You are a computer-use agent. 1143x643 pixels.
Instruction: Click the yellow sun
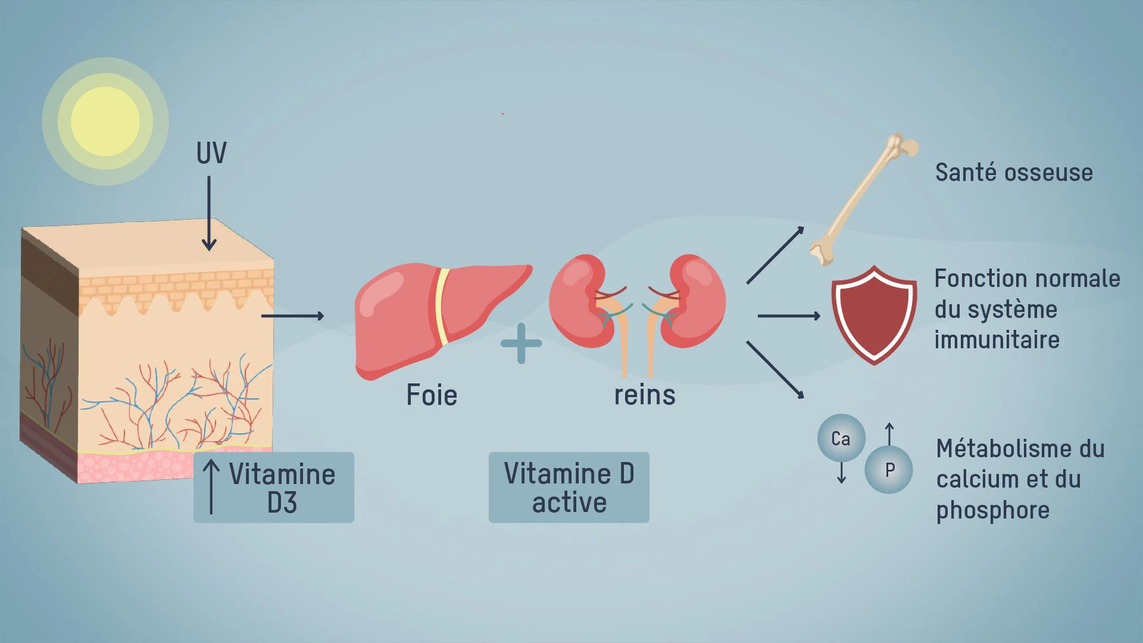pyautogui.click(x=105, y=121)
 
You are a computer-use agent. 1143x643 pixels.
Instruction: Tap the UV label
pyautogui.click(x=211, y=153)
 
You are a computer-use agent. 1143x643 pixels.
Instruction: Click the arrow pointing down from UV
pyautogui.click(x=209, y=213)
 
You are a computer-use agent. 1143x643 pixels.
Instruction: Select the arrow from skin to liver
pyautogui.click(x=293, y=316)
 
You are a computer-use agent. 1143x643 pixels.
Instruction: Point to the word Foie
pyautogui.click(x=432, y=395)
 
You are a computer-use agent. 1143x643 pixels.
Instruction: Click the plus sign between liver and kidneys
pyautogui.click(x=521, y=344)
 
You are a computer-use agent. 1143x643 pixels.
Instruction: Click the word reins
pyautogui.click(x=645, y=395)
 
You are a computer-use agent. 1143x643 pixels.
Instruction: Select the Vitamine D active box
pyautogui.click(x=569, y=488)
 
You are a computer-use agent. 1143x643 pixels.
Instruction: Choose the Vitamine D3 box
pyautogui.click(x=274, y=488)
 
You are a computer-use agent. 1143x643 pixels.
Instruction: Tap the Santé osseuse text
pyautogui.click(x=1014, y=173)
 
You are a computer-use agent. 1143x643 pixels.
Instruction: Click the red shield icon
pyautogui.click(x=874, y=315)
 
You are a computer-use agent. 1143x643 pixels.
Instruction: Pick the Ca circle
pyautogui.click(x=841, y=438)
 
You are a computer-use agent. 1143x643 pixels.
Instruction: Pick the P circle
pyautogui.click(x=889, y=470)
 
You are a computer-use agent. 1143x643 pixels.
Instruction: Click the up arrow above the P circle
pyautogui.click(x=889, y=434)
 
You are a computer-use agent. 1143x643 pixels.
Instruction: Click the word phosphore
pyautogui.click(x=992, y=511)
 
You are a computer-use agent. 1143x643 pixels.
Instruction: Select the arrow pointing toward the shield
pyautogui.click(x=789, y=316)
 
